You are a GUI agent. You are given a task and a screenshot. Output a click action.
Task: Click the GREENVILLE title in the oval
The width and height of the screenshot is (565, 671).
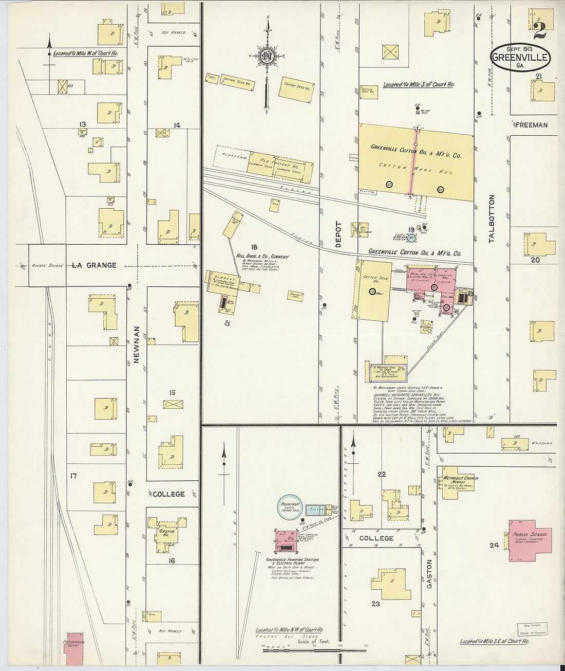pos(520,57)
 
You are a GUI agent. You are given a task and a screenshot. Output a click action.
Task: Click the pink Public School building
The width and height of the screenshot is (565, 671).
pos(530,540)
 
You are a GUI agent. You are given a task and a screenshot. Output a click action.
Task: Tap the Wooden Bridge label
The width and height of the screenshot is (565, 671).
pos(47,266)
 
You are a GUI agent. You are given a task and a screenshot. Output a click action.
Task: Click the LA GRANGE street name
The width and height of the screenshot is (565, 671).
pos(94,265)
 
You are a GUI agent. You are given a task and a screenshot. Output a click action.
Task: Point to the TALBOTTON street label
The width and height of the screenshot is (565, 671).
pos(492,219)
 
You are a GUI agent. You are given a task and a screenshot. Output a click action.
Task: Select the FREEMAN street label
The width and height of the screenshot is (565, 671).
pos(531,125)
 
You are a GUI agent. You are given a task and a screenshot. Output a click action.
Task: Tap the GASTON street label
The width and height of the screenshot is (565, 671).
pos(429,574)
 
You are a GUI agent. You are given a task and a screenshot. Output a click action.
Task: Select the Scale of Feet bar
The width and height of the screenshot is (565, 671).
pos(301,650)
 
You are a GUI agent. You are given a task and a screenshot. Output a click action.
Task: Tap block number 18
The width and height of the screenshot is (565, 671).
pos(254,247)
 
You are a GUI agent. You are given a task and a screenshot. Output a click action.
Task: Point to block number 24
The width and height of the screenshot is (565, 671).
pos(494,545)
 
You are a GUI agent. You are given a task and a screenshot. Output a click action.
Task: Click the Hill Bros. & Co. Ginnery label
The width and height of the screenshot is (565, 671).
pos(262,257)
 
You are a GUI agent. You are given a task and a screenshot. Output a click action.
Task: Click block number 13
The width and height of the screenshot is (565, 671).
pos(82,124)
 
